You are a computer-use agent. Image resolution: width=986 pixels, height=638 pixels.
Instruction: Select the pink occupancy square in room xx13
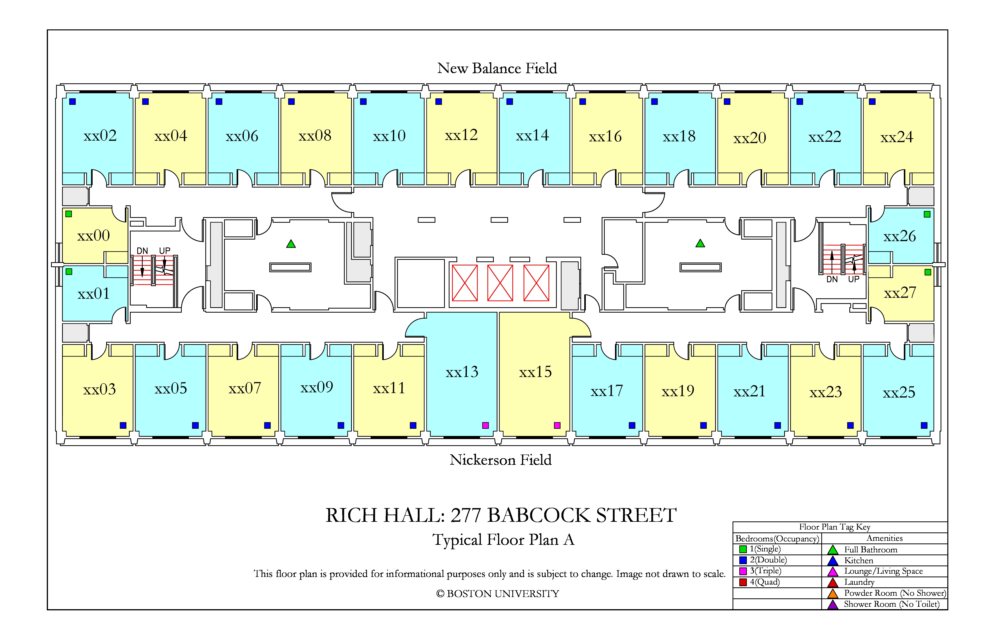point(485,425)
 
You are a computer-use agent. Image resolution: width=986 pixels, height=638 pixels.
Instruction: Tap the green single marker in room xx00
point(69,214)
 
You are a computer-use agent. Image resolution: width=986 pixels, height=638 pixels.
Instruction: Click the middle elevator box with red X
point(500,283)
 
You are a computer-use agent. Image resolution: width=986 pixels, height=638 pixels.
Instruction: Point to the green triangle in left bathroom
point(291,244)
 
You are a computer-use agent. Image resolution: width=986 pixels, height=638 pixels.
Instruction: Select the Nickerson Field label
point(501,460)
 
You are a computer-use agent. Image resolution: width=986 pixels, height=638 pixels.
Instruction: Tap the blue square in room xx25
point(924,425)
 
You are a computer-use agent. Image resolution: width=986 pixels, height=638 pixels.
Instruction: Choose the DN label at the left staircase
point(142,251)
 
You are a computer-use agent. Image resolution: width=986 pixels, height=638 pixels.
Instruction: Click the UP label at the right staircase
point(853,279)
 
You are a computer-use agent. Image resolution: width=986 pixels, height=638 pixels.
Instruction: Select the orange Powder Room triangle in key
point(833,593)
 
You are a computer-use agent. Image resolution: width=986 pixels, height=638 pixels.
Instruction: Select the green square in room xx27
point(928,272)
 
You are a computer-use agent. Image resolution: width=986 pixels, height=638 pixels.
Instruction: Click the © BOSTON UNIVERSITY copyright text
point(498,594)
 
